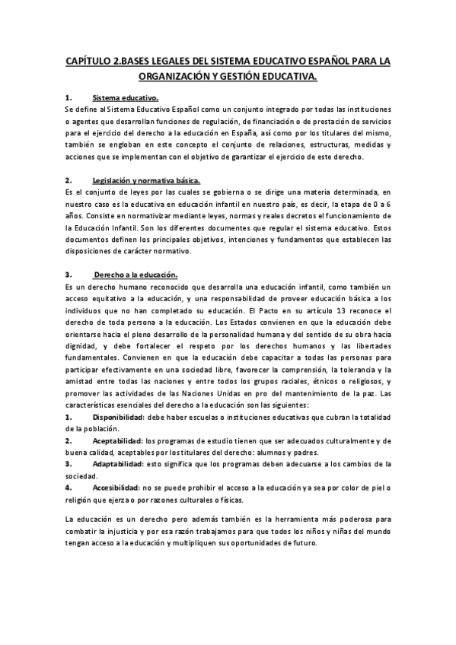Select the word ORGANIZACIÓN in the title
point(180,77)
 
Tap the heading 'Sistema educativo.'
point(125,98)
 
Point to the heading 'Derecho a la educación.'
point(136,274)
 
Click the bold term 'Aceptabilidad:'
point(117,440)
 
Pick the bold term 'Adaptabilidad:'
point(117,462)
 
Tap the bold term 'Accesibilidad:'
point(116,486)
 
